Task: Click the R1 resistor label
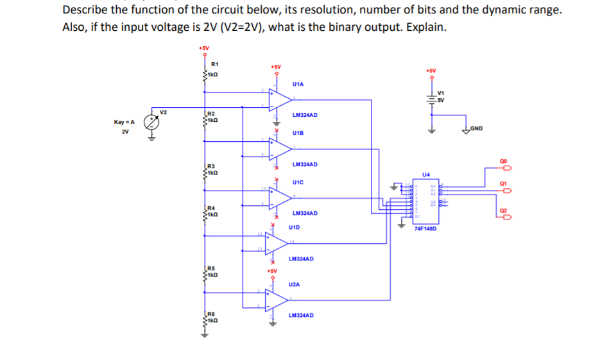[215, 64]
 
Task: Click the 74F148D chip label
[425, 228]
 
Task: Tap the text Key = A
[124, 122]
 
